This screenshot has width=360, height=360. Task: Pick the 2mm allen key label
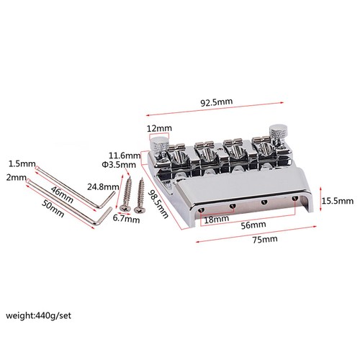click(13, 177)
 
